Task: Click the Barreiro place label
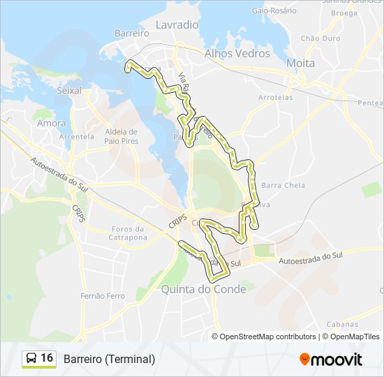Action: (x=132, y=33)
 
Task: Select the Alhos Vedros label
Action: (x=237, y=53)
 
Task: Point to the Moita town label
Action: (x=300, y=63)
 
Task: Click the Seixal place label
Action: (x=69, y=91)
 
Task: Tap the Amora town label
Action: (x=52, y=123)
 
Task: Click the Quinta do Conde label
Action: (x=203, y=289)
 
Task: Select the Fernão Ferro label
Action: (x=102, y=296)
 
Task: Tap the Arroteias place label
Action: (x=275, y=98)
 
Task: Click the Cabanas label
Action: (x=342, y=324)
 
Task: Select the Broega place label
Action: (x=344, y=13)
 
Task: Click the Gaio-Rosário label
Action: (x=271, y=11)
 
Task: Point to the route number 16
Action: (x=47, y=358)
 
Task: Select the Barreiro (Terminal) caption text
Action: (x=109, y=359)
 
